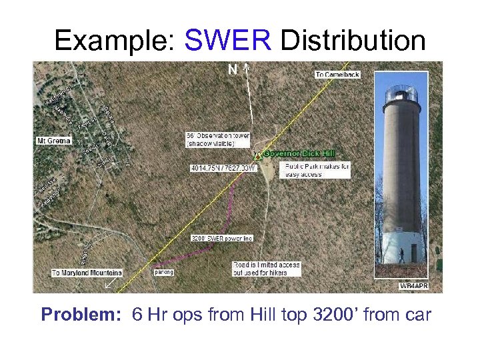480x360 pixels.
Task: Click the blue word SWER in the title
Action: coord(227,41)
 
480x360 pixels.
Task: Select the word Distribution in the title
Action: coord(353,41)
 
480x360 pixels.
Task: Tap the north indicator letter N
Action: coord(232,69)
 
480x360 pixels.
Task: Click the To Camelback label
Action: coord(337,75)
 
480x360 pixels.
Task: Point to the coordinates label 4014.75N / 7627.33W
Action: coord(223,167)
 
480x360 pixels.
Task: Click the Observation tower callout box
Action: coord(218,139)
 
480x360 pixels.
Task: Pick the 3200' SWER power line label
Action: coord(222,238)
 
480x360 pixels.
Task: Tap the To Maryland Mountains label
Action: coord(87,273)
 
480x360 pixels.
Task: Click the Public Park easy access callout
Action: coord(317,170)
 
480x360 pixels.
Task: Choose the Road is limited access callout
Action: coord(267,269)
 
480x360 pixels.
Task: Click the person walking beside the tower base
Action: coord(400,255)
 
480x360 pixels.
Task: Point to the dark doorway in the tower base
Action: coord(415,253)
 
